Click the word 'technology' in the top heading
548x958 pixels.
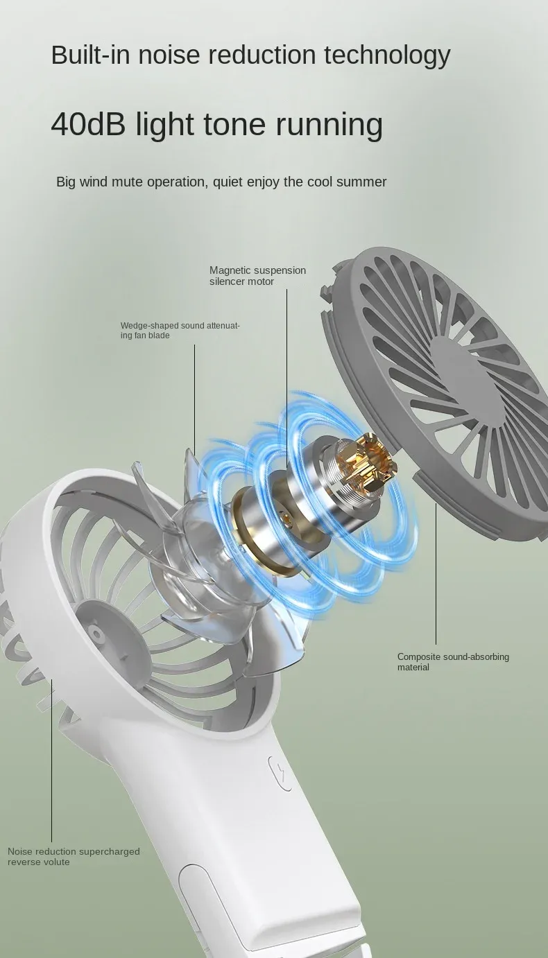[387, 55]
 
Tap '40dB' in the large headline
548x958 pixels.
[88, 123]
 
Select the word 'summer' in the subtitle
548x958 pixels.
[361, 182]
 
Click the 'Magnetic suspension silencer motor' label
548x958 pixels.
[257, 276]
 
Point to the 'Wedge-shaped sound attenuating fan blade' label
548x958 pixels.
[180, 330]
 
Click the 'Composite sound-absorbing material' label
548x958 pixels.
[453, 661]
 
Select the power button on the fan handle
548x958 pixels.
[280, 773]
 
